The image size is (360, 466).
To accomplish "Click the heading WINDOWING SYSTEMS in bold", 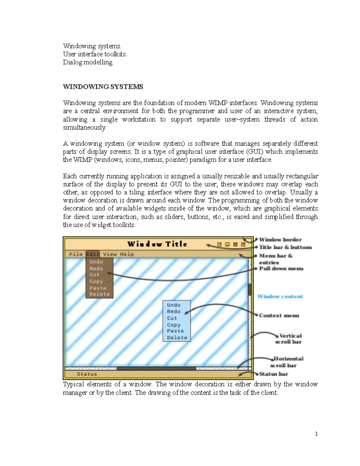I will (103, 87).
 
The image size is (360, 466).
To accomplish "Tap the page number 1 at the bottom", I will (316, 434).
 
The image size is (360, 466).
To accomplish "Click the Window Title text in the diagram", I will (157, 244).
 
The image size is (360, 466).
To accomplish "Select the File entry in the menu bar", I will (76, 254).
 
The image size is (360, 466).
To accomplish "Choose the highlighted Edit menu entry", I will (93, 254).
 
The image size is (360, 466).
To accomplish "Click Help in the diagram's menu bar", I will (127, 254).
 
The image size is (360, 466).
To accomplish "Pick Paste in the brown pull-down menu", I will (98, 288).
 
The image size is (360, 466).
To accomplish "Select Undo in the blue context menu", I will (174, 305).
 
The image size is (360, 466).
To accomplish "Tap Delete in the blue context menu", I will (177, 338).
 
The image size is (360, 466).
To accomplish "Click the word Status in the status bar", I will (87, 374).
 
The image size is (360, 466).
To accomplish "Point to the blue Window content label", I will (280, 296).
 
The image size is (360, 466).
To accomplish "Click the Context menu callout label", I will (279, 315).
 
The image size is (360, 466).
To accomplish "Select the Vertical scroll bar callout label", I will (289, 339).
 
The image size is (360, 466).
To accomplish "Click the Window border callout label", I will (280, 239).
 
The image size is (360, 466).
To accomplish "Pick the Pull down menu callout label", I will (281, 269).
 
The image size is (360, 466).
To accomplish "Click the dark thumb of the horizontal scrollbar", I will (156, 368).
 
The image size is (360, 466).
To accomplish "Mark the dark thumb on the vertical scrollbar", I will (249, 290).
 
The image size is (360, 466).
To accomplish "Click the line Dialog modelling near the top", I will (88, 62).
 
